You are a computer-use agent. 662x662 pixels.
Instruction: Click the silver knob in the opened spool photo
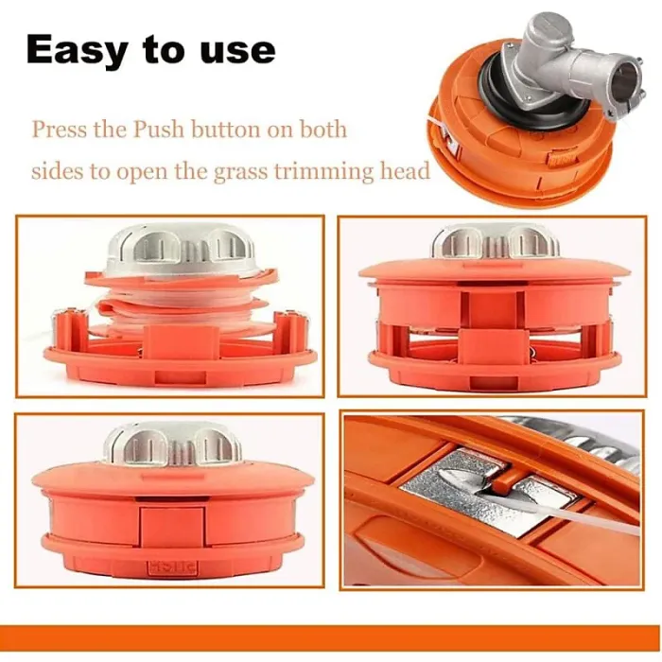(180, 252)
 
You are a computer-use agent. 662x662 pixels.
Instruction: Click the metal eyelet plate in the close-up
(473, 488)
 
